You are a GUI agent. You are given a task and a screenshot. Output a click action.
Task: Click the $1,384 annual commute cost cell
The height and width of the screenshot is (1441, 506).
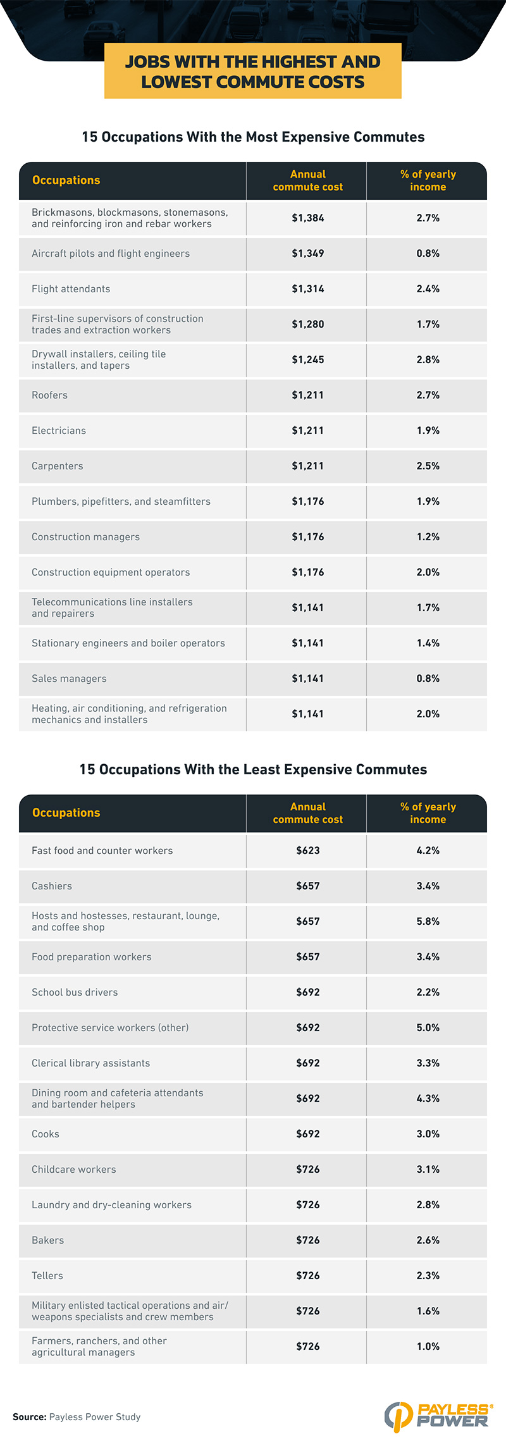click(x=307, y=218)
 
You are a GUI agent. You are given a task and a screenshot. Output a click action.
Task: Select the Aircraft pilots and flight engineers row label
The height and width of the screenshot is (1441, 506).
click(x=111, y=254)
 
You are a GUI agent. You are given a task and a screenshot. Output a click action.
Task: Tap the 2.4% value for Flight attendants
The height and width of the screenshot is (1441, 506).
click(x=428, y=289)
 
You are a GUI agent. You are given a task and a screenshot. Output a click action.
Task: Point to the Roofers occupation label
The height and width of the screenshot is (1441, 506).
click(x=49, y=395)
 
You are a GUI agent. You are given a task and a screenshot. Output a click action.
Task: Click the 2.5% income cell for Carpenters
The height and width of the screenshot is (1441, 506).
click(x=428, y=466)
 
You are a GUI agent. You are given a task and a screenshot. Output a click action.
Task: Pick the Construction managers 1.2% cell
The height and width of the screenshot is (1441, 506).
click(x=428, y=537)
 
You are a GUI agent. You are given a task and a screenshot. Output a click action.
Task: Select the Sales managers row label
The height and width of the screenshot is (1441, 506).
click(x=69, y=679)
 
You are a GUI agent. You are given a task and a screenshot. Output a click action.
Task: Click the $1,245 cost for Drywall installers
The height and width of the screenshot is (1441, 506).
click(x=307, y=360)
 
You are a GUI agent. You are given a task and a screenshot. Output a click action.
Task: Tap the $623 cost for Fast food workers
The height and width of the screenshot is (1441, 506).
click(x=307, y=851)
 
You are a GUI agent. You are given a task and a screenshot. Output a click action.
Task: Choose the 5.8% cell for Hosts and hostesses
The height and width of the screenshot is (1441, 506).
click(x=428, y=922)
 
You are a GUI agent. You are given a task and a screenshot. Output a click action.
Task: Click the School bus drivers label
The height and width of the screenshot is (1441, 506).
click(x=75, y=993)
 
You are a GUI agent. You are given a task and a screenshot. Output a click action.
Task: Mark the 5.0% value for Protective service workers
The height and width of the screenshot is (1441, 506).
click(x=428, y=1028)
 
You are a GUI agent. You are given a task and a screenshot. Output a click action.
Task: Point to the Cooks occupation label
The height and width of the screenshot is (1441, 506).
click(x=46, y=1134)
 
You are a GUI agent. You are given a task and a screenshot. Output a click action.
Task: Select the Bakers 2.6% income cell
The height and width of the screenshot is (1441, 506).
click(x=428, y=1240)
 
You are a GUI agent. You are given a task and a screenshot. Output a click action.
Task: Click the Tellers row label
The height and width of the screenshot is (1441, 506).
click(x=47, y=1276)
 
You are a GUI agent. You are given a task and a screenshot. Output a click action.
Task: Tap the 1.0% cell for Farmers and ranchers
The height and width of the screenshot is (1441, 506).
click(x=428, y=1347)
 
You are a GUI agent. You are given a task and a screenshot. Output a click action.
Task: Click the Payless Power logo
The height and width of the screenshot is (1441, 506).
click(x=438, y=1416)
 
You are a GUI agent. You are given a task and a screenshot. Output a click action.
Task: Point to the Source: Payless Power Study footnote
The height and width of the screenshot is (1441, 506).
click(x=77, y=1417)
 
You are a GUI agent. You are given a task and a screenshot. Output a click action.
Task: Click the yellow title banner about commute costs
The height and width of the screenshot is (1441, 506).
click(x=253, y=71)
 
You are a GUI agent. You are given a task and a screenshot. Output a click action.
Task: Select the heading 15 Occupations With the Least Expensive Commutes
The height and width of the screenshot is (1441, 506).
click(x=253, y=770)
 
